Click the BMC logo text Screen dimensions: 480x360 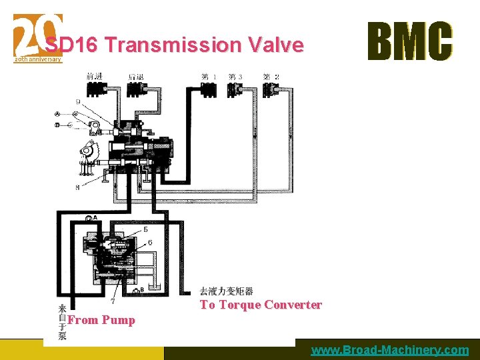pos(410,41)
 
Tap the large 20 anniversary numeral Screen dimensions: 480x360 pos(37,35)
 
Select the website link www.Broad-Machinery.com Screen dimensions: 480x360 pos(389,350)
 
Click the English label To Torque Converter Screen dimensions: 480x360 pos(261,305)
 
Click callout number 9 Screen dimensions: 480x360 pos(79,102)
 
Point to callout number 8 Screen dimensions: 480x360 pos(78,188)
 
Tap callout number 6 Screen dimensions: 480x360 pos(149,241)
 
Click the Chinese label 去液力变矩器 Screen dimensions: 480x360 pos(227,291)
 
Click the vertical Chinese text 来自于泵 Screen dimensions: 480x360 pos(62,323)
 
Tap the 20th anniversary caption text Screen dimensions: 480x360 pos(38,59)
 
